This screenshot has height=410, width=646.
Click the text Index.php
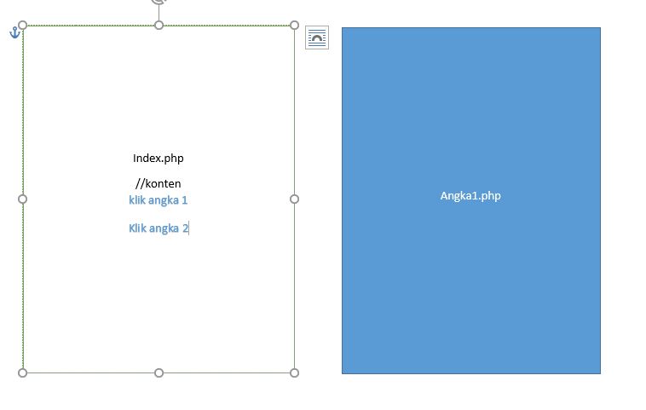click(x=159, y=158)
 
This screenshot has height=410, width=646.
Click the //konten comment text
click(x=159, y=183)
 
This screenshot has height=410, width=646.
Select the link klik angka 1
click(x=159, y=200)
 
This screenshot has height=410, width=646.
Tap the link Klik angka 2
click(x=159, y=228)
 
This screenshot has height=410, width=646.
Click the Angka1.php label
click(x=470, y=196)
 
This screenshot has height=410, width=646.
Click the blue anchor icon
click(x=14, y=32)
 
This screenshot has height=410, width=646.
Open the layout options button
click(x=317, y=38)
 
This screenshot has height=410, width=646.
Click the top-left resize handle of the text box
click(x=23, y=26)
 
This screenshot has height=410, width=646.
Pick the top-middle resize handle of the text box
click(x=159, y=26)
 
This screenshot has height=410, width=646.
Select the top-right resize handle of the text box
click(x=295, y=26)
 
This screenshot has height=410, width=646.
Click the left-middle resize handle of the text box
click(x=23, y=199)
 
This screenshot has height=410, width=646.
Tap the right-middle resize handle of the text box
click(x=295, y=199)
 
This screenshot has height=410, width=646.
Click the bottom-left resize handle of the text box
click(x=23, y=372)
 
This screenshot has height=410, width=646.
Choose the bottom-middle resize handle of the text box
click(x=159, y=372)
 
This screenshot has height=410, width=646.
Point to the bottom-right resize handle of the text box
click(x=295, y=372)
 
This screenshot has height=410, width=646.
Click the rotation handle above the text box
click(x=159, y=2)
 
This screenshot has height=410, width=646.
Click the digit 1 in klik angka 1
click(x=184, y=200)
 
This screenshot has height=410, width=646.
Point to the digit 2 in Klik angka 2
click(x=184, y=228)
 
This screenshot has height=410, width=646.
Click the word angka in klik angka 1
click(x=164, y=200)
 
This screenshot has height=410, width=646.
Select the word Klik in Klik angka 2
click(x=138, y=228)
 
